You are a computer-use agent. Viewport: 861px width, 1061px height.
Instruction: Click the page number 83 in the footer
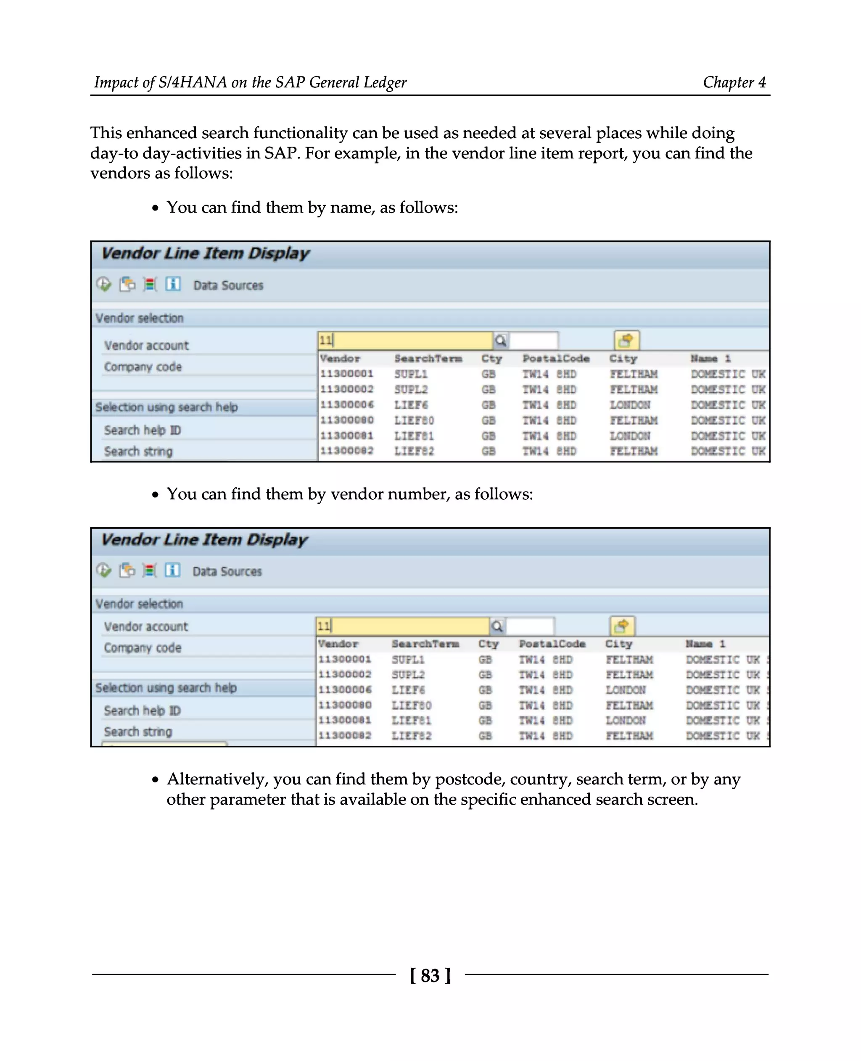pos(430,975)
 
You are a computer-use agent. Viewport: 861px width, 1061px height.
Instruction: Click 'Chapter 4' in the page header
pos(734,82)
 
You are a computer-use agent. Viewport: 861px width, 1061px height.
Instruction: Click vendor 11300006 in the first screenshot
pos(347,405)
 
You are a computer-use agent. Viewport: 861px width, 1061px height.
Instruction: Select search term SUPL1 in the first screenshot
pos(411,374)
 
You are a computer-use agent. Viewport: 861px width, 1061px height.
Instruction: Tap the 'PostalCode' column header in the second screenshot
pos(552,644)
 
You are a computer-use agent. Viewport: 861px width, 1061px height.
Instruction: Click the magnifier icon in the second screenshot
pos(497,626)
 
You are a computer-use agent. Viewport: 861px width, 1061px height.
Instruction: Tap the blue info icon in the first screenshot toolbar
pos(173,284)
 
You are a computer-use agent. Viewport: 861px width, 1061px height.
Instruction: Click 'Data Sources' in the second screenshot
pos(227,571)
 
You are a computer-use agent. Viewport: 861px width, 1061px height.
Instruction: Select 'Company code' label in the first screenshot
pos(143,367)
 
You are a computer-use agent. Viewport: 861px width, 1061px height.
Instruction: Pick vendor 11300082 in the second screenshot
pos(345,735)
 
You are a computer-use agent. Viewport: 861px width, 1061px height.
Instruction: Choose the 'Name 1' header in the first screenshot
pos(710,358)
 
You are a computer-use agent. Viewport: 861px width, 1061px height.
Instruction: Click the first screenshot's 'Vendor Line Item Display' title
pos(205,253)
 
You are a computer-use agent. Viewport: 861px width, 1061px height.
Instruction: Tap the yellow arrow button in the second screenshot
pos(622,626)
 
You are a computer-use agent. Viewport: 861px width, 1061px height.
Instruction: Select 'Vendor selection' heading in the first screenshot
pos(140,318)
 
